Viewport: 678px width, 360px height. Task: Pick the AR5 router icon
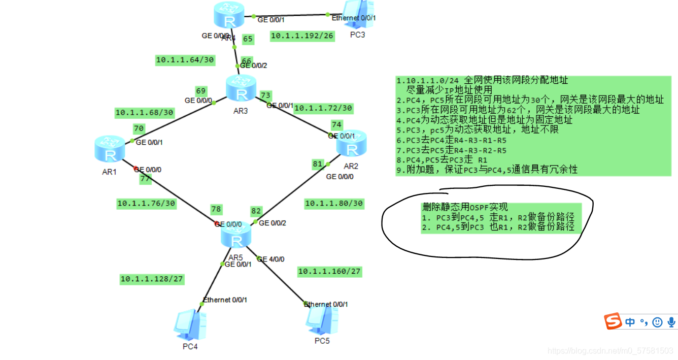tap(236, 236)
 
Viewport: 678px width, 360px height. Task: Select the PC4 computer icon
tap(190, 325)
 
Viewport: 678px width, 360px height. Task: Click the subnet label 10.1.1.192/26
tap(302, 36)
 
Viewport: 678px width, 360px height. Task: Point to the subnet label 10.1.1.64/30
tap(185, 60)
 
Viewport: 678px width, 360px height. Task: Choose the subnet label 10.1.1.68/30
tap(144, 112)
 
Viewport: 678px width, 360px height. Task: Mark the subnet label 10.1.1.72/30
tap(323, 108)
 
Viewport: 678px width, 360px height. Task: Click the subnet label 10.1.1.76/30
tap(146, 204)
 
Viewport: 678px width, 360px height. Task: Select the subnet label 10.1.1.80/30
tap(334, 204)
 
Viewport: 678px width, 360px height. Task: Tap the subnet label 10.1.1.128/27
tap(152, 279)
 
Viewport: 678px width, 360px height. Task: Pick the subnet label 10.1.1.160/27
tap(329, 272)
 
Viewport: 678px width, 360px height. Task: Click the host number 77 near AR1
tap(145, 178)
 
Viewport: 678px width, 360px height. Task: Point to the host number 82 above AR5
tap(256, 211)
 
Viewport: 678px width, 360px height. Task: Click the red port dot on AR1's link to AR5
tap(136, 169)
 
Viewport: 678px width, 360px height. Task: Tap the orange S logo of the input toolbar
tap(613, 321)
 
